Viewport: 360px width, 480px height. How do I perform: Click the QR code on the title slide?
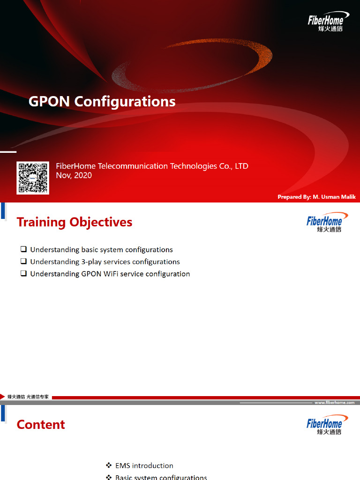pyautogui.click(x=33, y=178)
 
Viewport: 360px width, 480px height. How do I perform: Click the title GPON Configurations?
pyautogui.click(x=102, y=101)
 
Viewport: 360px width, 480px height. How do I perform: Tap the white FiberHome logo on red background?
pyautogui.click(x=325, y=22)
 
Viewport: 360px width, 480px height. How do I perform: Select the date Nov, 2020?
pyautogui.click(x=74, y=175)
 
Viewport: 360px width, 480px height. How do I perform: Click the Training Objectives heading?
pyautogui.click(x=75, y=222)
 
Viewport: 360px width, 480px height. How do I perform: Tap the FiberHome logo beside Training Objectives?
pyautogui.click(x=327, y=222)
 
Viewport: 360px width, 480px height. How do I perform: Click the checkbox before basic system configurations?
pyautogui.click(x=23, y=249)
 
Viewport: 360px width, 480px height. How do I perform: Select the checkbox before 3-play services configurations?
pyautogui.click(x=23, y=262)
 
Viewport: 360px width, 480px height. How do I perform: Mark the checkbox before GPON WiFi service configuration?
pyautogui.click(x=23, y=274)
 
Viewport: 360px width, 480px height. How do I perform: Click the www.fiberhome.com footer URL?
pyautogui.click(x=334, y=403)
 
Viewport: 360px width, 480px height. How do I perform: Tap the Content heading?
pyautogui.click(x=41, y=425)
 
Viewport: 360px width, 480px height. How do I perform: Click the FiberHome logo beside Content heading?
pyautogui.click(x=327, y=424)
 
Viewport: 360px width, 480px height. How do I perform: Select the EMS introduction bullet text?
pyautogui.click(x=144, y=465)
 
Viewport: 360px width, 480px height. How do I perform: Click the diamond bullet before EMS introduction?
pyautogui.click(x=109, y=465)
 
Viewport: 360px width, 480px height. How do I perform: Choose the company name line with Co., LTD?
pyautogui.click(x=152, y=166)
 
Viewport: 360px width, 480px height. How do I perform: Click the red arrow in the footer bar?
pyautogui.click(x=3, y=397)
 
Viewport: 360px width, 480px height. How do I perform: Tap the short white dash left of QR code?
pyautogui.click(x=8, y=152)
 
